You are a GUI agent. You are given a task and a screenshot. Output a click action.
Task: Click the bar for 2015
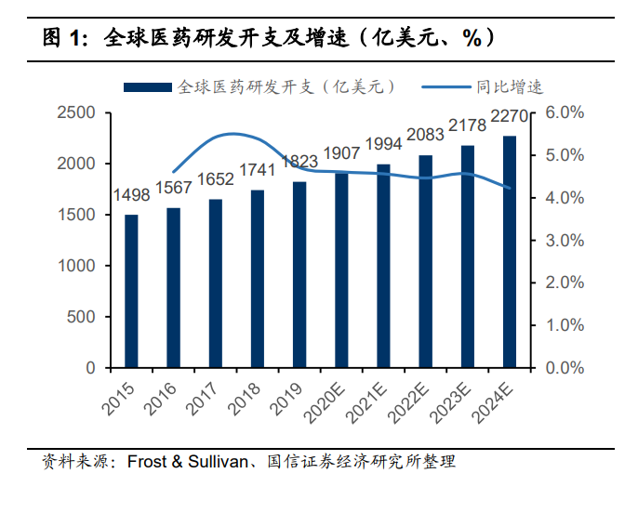[x=131, y=291]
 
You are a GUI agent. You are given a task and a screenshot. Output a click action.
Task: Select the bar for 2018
[x=258, y=279]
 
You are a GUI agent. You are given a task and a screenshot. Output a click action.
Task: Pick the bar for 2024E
[x=510, y=252]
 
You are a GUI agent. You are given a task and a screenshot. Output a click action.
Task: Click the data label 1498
[x=131, y=195]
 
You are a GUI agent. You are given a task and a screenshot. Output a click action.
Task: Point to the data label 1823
[x=299, y=162]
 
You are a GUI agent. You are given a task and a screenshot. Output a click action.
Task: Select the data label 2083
[x=426, y=135]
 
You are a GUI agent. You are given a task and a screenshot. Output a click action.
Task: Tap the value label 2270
[x=510, y=116]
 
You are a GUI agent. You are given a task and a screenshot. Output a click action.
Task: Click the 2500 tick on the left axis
[x=76, y=112]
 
